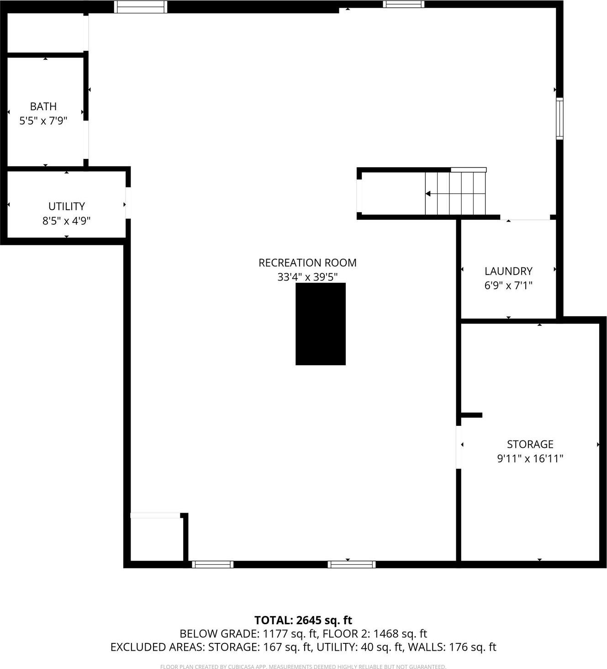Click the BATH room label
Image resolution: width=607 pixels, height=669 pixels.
pyautogui.click(x=43, y=106)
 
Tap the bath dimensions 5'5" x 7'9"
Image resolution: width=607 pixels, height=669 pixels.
pyautogui.click(x=43, y=121)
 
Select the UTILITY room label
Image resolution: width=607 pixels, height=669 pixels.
pyautogui.click(x=67, y=206)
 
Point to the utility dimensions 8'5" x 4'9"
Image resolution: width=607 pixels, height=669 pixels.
pyautogui.click(x=67, y=221)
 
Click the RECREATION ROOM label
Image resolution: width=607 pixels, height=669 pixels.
pyautogui.click(x=307, y=263)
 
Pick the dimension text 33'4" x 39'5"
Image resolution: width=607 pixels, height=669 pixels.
pyautogui.click(x=307, y=277)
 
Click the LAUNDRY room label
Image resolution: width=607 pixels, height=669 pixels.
pyautogui.click(x=508, y=271)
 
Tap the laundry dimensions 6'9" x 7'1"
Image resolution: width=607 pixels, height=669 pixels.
pyautogui.click(x=508, y=286)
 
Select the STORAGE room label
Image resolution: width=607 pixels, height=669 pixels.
pyautogui.click(x=530, y=444)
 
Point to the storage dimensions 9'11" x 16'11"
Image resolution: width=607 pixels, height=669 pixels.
pyautogui.click(x=530, y=458)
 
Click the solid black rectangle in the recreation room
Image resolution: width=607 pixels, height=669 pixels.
pyautogui.click(x=320, y=324)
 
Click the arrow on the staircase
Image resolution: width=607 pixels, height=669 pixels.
pyautogui.click(x=428, y=194)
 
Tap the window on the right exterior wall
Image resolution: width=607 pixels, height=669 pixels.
pyautogui.click(x=559, y=118)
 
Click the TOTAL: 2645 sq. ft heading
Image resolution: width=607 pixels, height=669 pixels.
pyautogui.click(x=303, y=620)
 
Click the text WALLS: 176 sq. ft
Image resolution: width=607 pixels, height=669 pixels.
pyautogui.click(x=452, y=647)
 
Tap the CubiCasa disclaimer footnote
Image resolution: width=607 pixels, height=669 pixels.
pyautogui.click(x=303, y=667)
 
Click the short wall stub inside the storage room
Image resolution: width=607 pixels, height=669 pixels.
pyautogui.click(x=471, y=415)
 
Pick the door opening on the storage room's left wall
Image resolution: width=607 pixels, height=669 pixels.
pyautogui.click(x=459, y=447)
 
